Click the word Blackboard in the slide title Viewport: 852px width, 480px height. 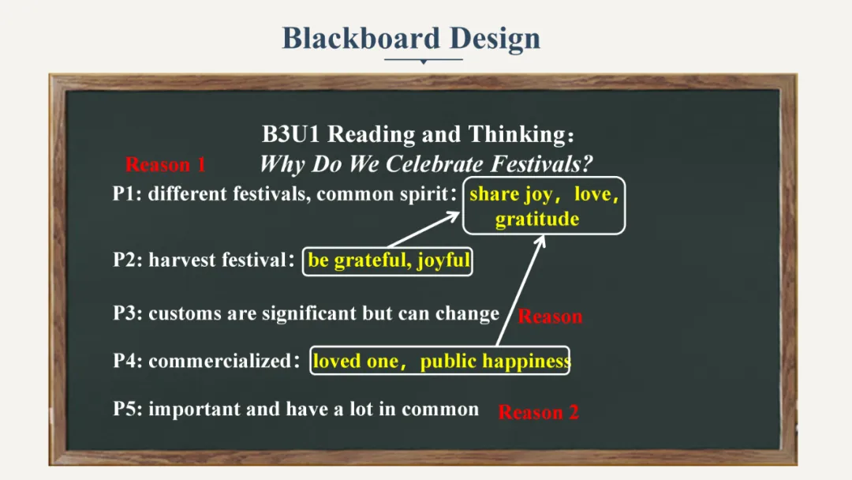tap(361, 38)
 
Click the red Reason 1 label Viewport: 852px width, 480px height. tap(166, 165)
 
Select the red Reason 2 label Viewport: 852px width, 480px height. tap(539, 412)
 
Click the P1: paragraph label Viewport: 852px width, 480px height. tap(127, 194)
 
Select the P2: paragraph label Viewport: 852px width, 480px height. tap(128, 260)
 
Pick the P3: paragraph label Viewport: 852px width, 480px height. tap(128, 313)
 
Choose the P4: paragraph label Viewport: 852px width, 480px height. tap(128, 361)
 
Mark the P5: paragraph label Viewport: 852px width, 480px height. tap(128, 409)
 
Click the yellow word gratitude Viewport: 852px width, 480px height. tap(537, 219)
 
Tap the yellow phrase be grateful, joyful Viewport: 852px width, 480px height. tap(389, 261)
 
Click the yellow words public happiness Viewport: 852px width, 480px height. tap(495, 362)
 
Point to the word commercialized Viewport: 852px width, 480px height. tap(220, 361)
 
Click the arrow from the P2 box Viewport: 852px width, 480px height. tap(424, 230)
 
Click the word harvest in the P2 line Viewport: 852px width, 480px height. tap(182, 260)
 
